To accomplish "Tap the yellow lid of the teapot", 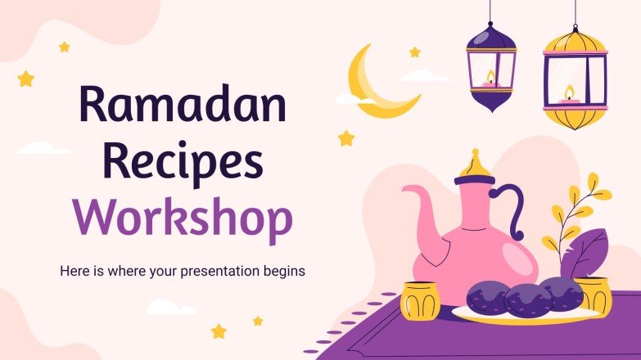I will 477,169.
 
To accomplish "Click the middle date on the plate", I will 528,298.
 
